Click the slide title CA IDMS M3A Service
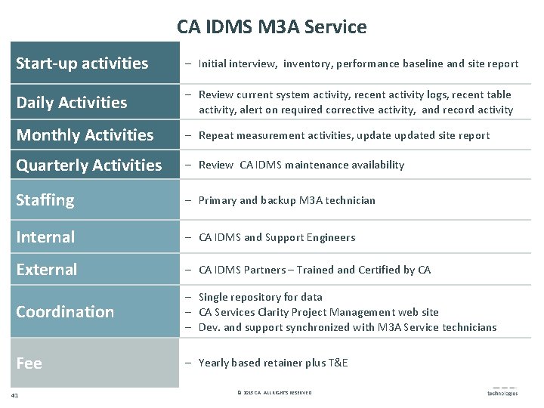(x=272, y=27)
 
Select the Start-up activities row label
(x=82, y=63)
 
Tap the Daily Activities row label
(x=72, y=102)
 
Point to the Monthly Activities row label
(x=85, y=135)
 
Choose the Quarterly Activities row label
(x=89, y=165)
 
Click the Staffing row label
(x=45, y=200)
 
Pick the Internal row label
(x=45, y=237)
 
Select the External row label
(x=47, y=270)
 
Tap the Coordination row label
(x=65, y=312)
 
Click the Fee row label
(x=29, y=363)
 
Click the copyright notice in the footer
(x=274, y=393)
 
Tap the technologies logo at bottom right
(x=502, y=392)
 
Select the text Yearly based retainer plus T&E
(x=273, y=363)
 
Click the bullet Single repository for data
(x=260, y=297)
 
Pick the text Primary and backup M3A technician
(x=286, y=200)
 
